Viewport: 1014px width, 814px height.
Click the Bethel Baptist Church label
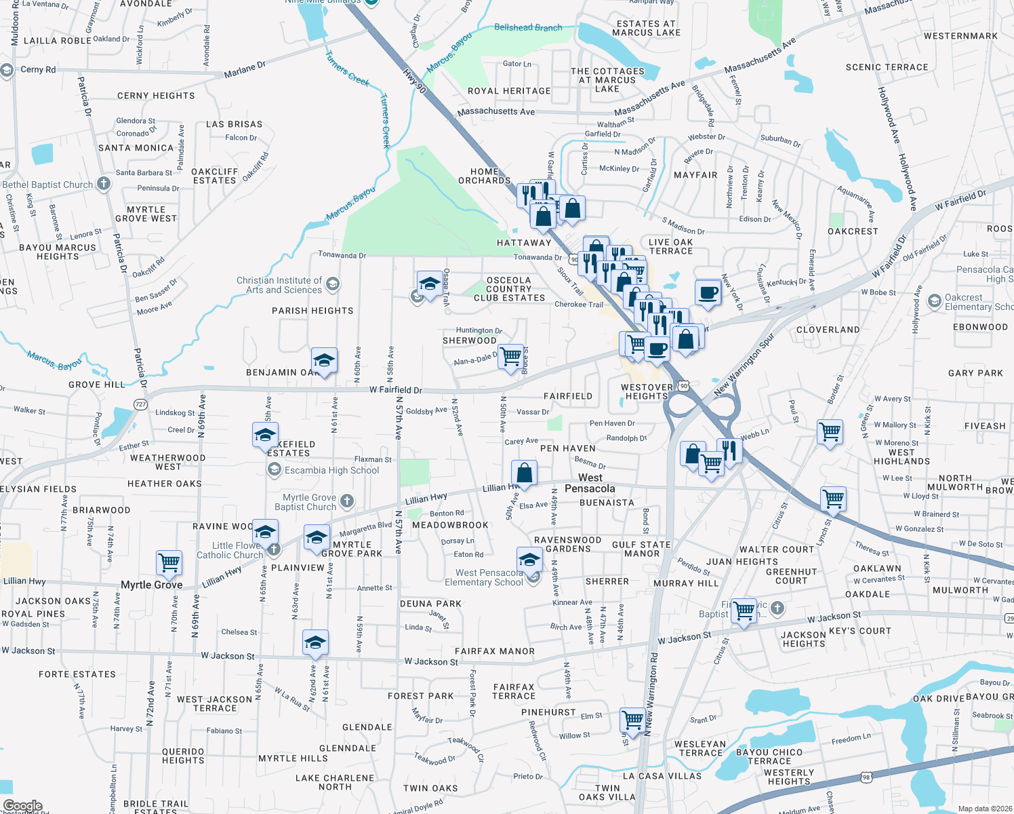[x=47, y=185]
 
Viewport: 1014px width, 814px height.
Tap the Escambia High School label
[x=331, y=470]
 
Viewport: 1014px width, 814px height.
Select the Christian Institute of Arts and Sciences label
[x=279, y=285]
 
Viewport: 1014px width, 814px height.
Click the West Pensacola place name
[x=590, y=483]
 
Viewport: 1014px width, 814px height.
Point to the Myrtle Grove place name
[x=152, y=585]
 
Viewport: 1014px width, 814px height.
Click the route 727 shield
[x=140, y=404]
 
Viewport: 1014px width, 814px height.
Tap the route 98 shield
[x=866, y=777]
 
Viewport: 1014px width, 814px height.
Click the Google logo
[x=23, y=806]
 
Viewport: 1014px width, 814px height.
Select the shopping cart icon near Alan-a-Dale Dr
[x=511, y=355]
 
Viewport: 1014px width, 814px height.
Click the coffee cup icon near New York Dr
[x=708, y=293]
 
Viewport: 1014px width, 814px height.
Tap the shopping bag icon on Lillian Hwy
[x=524, y=472]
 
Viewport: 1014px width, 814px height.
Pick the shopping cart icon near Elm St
[x=632, y=719]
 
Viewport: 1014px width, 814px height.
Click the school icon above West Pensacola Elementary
[x=529, y=560]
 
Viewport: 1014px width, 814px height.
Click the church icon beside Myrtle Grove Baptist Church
[x=347, y=501]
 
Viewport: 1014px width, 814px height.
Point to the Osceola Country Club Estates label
[x=509, y=289]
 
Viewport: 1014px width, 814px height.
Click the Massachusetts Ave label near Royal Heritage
[x=496, y=112]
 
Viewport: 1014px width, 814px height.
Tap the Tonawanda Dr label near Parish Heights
[x=342, y=255]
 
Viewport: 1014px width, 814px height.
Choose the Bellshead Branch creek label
[x=528, y=28]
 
